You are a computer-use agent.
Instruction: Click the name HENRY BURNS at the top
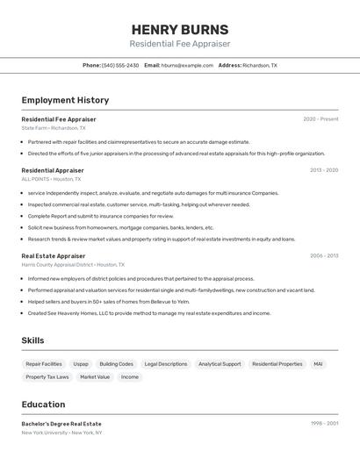pyautogui.click(x=179, y=29)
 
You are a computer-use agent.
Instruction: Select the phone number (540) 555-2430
pyautogui.click(x=120, y=65)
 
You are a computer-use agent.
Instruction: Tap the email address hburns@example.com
pyautogui.click(x=187, y=65)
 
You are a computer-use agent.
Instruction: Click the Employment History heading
pyautogui.click(x=65, y=100)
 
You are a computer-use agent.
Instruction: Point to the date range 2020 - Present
pyautogui.click(x=320, y=119)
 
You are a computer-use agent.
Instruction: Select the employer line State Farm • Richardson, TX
pyautogui.click(x=54, y=127)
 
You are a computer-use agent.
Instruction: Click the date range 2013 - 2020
pyautogui.click(x=323, y=170)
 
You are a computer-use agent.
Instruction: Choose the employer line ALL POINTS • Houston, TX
pyautogui.click(x=51, y=179)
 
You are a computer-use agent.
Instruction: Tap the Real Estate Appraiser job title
pyautogui.click(x=54, y=256)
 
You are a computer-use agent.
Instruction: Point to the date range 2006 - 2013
pyautogui.click(x=323, y=256)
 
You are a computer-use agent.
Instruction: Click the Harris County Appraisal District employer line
pyautogui.click(x=73, y=264)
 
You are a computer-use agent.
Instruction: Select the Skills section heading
pyautogui.click(x=33, y=340)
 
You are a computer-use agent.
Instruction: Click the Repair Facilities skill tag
pyautogui.click(x=44, y=363)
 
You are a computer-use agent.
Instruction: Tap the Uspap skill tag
pyautogui.click(x=81, y=363)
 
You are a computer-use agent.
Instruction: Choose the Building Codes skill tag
pyautogui.click(x=117, y=363)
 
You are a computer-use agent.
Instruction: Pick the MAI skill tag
pyautogui.click(x=318, y=363)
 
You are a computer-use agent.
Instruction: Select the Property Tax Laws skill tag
pyautogui.click(x=47, y=377)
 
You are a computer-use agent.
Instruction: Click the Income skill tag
pyautogui.click(x=130, y=377)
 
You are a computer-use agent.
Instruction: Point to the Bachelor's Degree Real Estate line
pyautogui.click(x=61, y=424)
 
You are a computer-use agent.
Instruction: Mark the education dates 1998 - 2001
pyautogui.click(x=324, y=424)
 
